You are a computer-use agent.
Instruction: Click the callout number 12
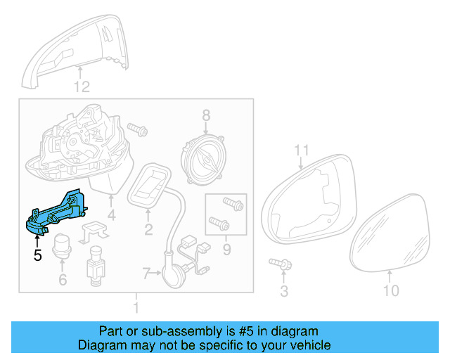tap(82, 87)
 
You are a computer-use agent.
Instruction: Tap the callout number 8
tap(206, 115)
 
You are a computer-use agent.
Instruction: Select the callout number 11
tap(302, 150)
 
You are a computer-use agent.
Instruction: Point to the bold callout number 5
tap(38, 256)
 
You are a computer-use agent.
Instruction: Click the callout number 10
tap(391, 290)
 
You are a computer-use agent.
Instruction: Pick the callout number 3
tap(284, 291)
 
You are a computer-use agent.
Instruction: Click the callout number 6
tap(62, 281)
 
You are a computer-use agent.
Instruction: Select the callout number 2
tap(148, 229)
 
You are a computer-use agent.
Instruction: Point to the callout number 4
tap(110, 214)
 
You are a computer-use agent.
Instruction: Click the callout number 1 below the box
tap(136, 308)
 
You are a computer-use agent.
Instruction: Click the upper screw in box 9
tap(233, 205)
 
